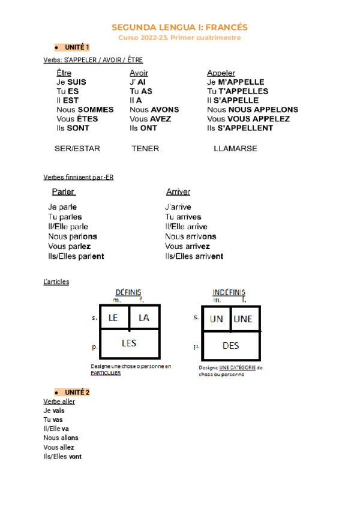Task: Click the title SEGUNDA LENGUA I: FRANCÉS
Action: pos(179,28)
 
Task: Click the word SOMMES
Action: pos(95,110)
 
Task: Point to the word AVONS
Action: pos(166,110)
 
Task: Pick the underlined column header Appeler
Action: pos(221,73)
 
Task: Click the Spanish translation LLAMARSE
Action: pos(235,148)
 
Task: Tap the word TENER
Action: pos(145,148)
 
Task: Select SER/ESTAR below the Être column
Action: pos(77,148)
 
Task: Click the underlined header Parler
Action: pos(64,192)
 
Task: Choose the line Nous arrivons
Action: pos(190,236)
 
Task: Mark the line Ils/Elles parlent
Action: pos(76,256)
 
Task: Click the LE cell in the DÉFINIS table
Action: pos(114,318)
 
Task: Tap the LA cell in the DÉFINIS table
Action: pos(144,318)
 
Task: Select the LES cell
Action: pos(129,343)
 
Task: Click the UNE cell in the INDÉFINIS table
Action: pos(243,319)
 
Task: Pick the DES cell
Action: pos(231,345)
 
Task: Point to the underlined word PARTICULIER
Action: pos(106,373)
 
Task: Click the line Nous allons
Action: pos(61,438)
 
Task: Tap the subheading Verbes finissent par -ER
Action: pos(79,177)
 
